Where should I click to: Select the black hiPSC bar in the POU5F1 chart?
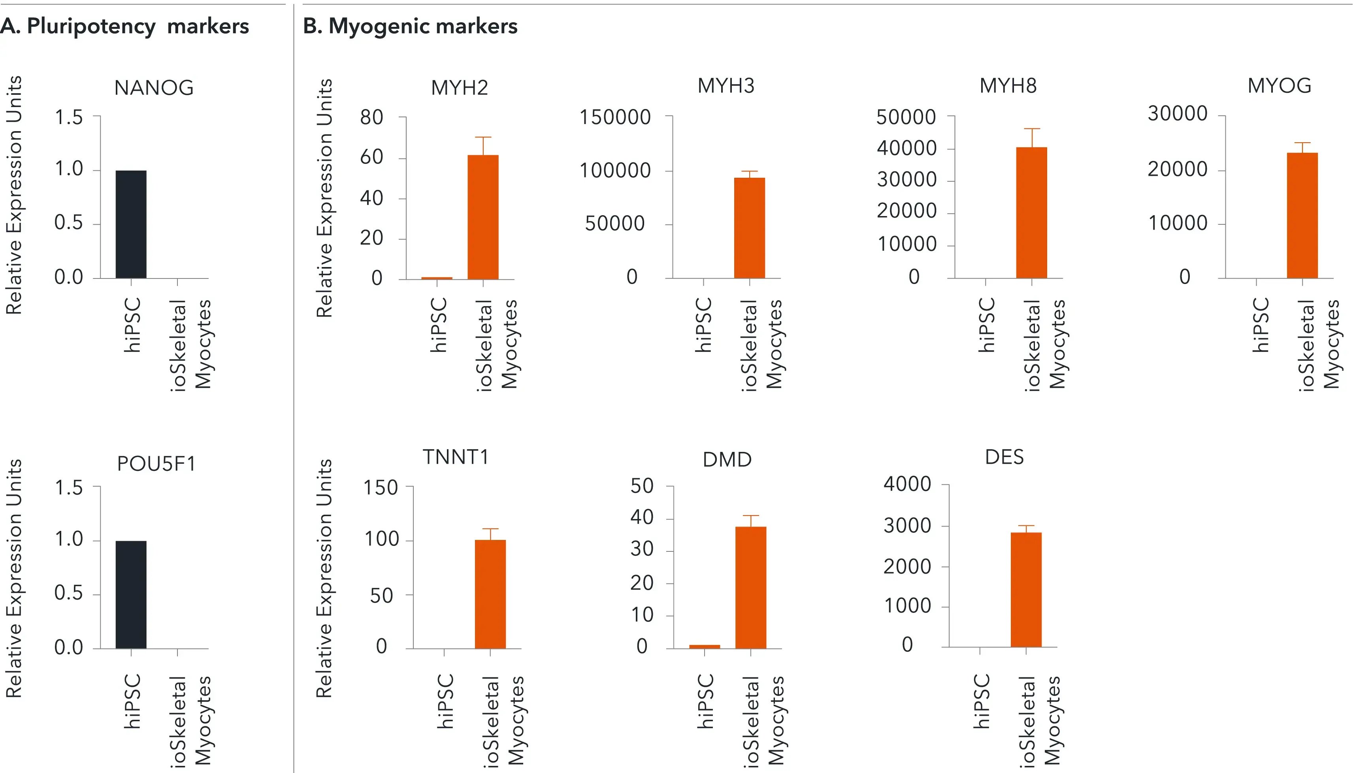pyautogui.click(x=131, y=594)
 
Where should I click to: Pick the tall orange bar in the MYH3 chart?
pyautogui.click(x=749, y=228)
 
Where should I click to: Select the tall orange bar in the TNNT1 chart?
pyautogui.click(x=490, y=594)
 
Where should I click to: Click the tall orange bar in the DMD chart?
pyautogui.click(x=751, y=587)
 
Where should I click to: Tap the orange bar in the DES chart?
pyautogui.click(x=1026, y=589)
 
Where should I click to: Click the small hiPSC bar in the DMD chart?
pyautogui.click(x=705, y=647)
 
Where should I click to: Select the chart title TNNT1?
pyautogui.click(x=456, y=457)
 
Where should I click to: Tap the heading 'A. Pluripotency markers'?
pyautogui.click(x=125, y=26)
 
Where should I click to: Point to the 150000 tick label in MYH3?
pyautogui.click(x=615, y=117)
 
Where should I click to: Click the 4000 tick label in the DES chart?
pyautogui.click(x=907, y=484)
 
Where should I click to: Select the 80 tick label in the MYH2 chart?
pyautogui.click(x=372, y=117)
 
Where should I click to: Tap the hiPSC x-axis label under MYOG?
pyautogui.click(x=1261, y=325)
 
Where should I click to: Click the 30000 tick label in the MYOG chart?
pyautogui.click(x=1177, y=114)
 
